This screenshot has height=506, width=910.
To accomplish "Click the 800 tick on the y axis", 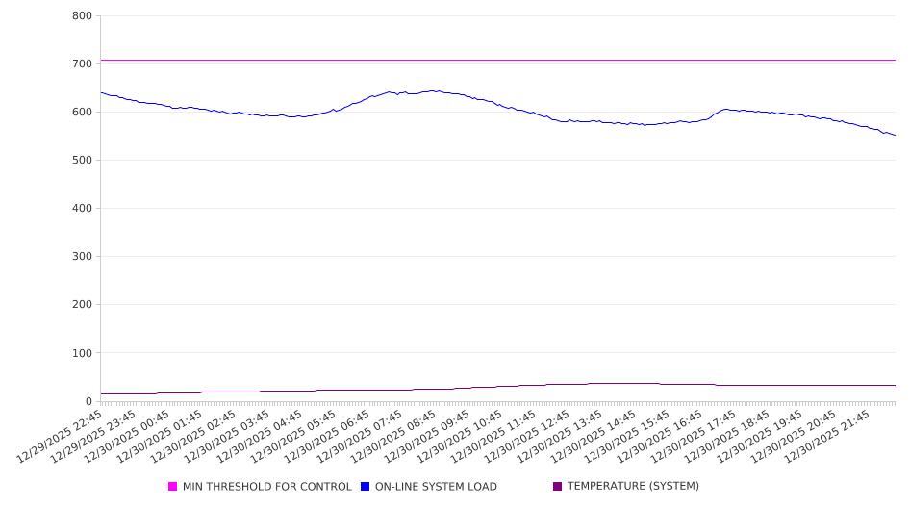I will point(82,16).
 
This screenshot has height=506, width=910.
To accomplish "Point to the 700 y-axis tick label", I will point(82,64).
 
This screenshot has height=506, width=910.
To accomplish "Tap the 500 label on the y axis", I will point(82,161).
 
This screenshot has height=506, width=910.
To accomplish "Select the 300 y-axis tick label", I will point(82,257).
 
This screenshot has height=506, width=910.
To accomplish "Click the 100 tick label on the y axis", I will point(82,353).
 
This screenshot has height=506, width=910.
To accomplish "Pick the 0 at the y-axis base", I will point(88,401).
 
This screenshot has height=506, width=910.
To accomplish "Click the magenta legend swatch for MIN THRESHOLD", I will point(173,487).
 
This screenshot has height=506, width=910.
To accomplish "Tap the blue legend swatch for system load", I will point(366,487).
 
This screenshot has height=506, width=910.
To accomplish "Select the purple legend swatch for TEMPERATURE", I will point(558,487).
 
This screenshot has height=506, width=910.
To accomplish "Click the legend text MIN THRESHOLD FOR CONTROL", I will point(267,487).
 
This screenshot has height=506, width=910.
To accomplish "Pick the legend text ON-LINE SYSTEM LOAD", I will point(436,487).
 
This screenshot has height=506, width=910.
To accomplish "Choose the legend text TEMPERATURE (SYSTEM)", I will point(633,487).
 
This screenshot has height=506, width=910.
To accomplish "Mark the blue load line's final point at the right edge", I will point(895,135).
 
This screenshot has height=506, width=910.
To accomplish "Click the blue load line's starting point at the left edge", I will point(101,92).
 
